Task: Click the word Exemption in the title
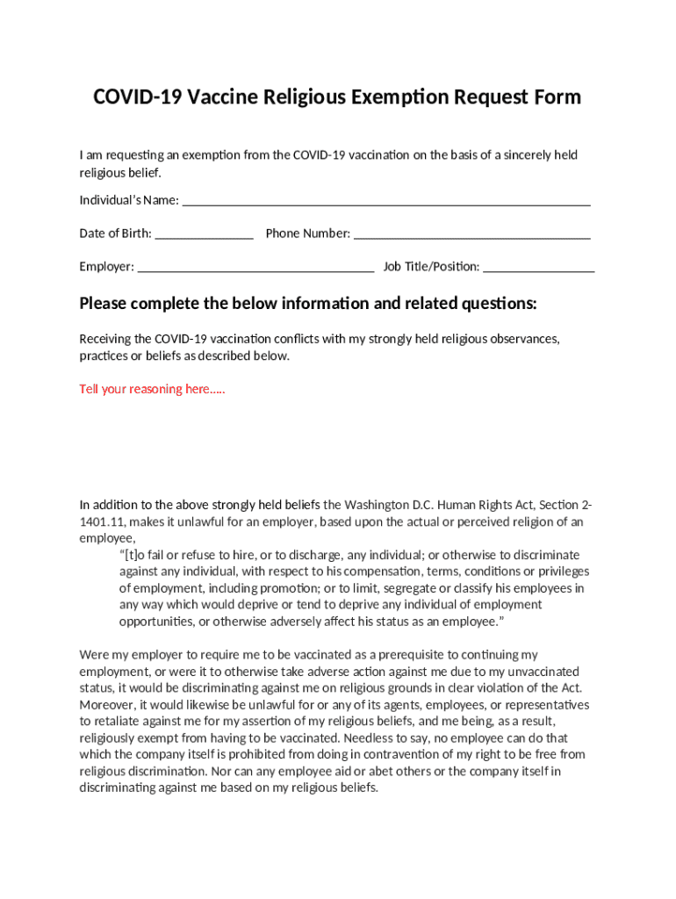pos(400,97)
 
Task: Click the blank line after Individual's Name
pos(385,202)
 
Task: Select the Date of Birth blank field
pos(204,234)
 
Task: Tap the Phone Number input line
pos(471,234)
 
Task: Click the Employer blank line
pos(256,267)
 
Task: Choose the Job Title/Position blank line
pos(538,267)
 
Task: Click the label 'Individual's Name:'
pos(129,200)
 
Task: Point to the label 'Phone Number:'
pos(307,234)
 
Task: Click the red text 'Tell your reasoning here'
pos(152,389)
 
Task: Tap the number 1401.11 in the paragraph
pos(102,521)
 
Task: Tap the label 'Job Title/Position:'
pos(431,267)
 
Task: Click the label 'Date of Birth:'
pos(115,234)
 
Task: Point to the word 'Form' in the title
pos(557,97)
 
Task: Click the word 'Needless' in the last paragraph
pos(370,738)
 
